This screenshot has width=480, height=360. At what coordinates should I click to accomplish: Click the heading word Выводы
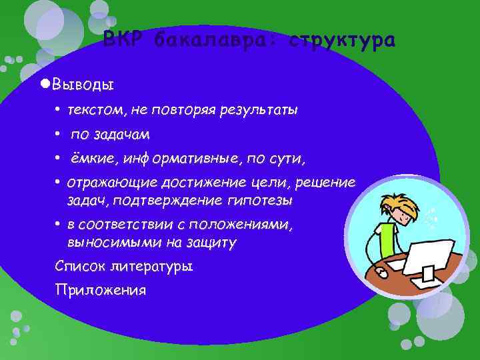tap(83, 85)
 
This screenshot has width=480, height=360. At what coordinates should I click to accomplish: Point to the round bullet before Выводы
tap(45, 84)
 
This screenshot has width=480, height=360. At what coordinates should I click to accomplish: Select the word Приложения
tap(101, 291)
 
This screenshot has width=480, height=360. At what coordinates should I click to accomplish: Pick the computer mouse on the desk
tap(382, 273)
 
